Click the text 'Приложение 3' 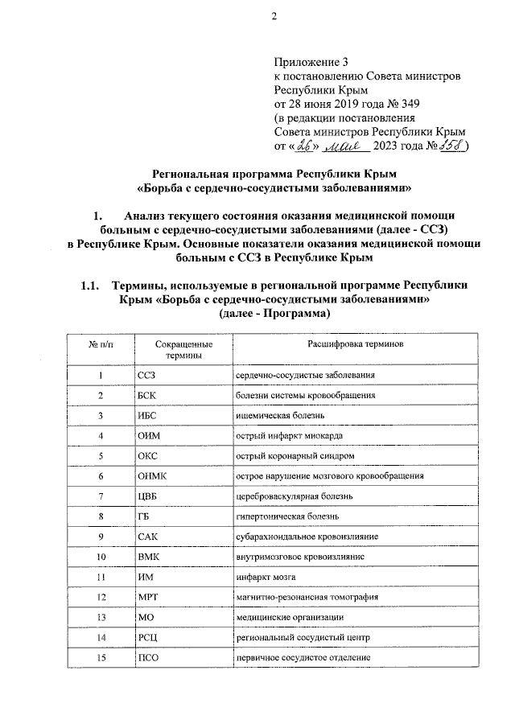point(311,61)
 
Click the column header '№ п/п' point(100,343)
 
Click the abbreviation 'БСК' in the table point(146,396)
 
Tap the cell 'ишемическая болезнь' point(279,416)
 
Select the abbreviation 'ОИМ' point(148,436)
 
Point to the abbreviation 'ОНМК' point(151,476)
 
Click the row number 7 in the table point(101,496)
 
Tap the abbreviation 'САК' point(147,537)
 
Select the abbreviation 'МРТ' point(148,597)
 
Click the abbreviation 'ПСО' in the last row point(148,657)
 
